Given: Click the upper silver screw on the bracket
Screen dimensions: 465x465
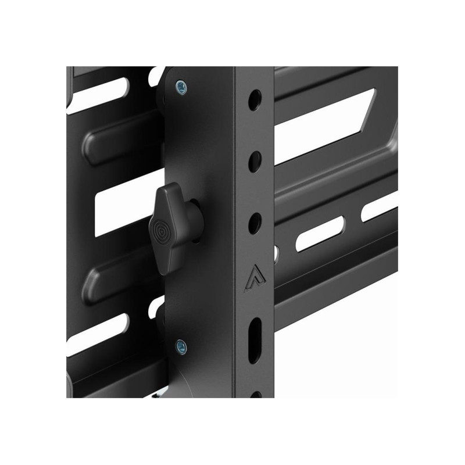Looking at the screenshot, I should [x=181, y=87].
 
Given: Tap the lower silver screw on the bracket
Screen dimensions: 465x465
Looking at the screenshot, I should [x=181, y=348].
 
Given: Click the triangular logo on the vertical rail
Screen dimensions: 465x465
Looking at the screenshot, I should [x=255, y=278].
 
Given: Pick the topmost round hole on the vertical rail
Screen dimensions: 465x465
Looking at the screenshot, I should [x=255, y=100].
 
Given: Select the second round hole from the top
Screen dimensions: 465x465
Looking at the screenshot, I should [x=255, y=162].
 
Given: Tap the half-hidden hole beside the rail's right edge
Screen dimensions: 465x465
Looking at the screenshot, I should [x=276, y=253].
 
